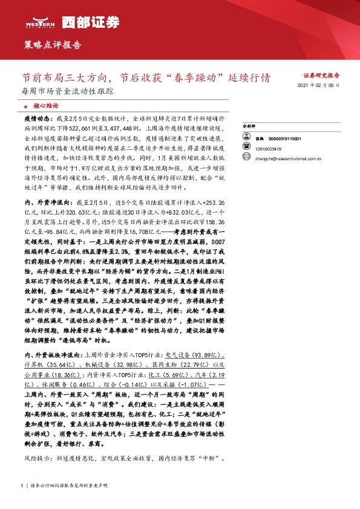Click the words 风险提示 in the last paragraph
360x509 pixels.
33,459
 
